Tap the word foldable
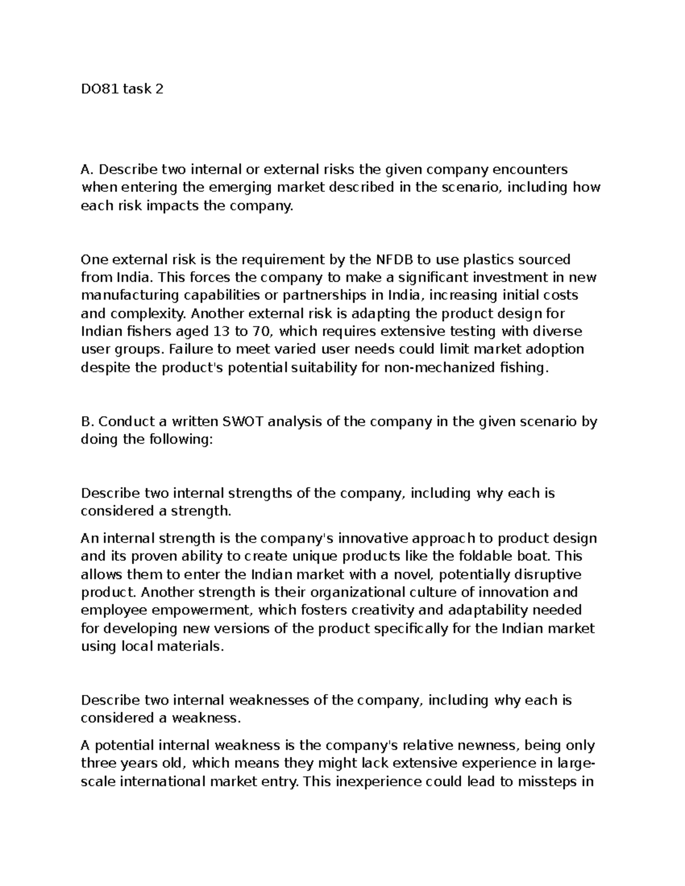(x=489, y=556)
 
